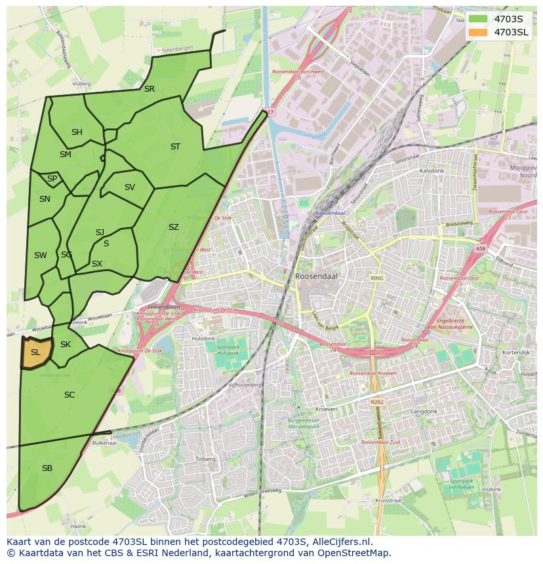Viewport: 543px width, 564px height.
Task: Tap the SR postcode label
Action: pyautogui.click(x=150, y=89)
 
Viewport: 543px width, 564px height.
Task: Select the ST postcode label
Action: pyautogui.click(x=175, y=147)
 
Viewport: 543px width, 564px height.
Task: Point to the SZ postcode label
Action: pyautogui.click(x=173, y=227)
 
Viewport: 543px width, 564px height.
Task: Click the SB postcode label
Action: pyautogui.click(x=47, y=468)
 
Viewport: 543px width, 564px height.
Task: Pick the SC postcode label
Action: pyautogui.click(x=70, y=395)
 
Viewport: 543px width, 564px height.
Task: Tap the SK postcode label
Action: pyautogui.click(x=66, y=345)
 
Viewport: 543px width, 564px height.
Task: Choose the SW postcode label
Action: pyautogui.click(x=41, y=255)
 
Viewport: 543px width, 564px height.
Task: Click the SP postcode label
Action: pyautogui.click(x=52, y=179)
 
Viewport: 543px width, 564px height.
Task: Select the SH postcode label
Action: pyautogui.click(x=77, y=132)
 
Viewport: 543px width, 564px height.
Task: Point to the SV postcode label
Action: pyautogui.click(x=130, y=187)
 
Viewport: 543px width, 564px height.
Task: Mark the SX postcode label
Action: pyautogui.click(x=97, y=264)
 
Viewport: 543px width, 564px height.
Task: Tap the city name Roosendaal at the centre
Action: pyautogui.click(x=316, y=276)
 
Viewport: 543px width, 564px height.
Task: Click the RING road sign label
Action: pyautogui.click(x=376, y=278)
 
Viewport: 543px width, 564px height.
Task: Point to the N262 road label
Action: pyautogui.click(x=376, y=402)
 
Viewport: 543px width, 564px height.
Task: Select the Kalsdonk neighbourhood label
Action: pyautogui.click(x=432, y=170)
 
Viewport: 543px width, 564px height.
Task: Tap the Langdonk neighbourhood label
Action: pyautogui.click(x=424, y=411)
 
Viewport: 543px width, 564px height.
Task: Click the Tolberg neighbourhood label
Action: pyautogui.click(x=205, y=459)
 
